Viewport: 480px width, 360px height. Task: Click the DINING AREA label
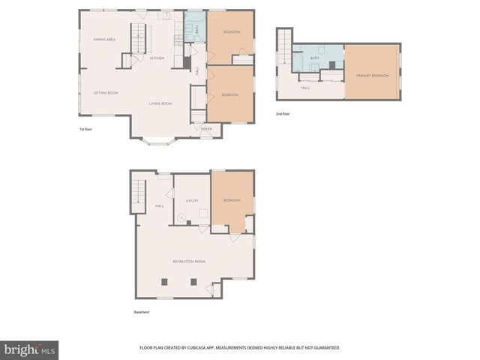coord(103,39)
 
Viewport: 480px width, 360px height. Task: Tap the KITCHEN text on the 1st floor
coord(157,58)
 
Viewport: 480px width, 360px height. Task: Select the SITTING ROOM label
coord(106,93)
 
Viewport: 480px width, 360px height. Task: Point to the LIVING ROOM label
coord(160,103)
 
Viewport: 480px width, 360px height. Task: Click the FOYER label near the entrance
coord(205,129)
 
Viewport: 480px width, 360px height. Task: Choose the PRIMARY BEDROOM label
coord(372,75)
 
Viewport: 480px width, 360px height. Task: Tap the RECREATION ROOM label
coord(189,261)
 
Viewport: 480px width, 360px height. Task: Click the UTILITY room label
coord(192,200)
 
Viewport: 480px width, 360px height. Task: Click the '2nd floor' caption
coord(283,113)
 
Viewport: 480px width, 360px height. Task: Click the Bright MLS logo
coord(29,349)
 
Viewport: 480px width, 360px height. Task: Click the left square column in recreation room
coord(164,281)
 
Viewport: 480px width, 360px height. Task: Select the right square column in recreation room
coord(193,281)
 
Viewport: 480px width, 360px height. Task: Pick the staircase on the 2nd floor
coord(283,50)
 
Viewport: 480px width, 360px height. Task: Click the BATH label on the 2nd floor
coord(315,58)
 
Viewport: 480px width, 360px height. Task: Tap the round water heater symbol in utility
coord(181,219)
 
